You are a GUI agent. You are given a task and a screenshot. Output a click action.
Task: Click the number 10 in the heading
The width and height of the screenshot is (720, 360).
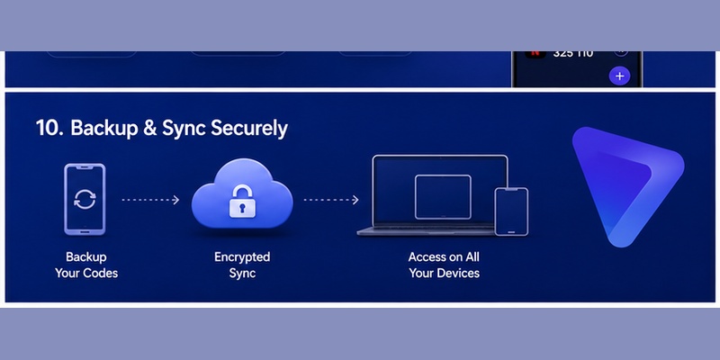tap(49, 129)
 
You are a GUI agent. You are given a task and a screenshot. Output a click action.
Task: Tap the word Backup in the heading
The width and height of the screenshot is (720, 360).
tap(103, 129)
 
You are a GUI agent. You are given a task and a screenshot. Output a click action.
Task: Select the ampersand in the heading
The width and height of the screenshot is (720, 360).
tap(149, 129)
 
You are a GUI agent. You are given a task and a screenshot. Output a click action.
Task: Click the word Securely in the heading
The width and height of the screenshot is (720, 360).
tap(249, 129)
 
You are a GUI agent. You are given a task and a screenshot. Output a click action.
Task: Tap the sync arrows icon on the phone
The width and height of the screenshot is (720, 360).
tap(85, 200)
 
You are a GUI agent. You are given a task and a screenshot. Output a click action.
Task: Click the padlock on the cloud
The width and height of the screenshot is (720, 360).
tap(241, 201)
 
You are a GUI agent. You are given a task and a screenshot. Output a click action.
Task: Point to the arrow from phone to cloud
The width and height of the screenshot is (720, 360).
tap(150, 200)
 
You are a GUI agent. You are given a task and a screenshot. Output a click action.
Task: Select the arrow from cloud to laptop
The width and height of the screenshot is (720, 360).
tap(331, 200)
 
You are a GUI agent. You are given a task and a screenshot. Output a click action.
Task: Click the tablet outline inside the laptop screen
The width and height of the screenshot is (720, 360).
tap(443, 196)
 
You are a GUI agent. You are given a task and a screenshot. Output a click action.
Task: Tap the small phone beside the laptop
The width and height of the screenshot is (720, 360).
tap(511, 211)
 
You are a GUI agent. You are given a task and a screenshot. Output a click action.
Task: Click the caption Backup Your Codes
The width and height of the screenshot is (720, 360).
tap(86, 265)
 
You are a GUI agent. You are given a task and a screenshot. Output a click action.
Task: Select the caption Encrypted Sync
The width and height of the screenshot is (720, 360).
tap(242, 265)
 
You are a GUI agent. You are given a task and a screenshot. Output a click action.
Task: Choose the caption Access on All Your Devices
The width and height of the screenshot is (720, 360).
tap(444, 265)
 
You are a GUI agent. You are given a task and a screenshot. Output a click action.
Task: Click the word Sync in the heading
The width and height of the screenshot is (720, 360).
tap(184, 129)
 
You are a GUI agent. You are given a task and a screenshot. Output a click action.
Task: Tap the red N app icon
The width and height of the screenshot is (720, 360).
tap(535, 54)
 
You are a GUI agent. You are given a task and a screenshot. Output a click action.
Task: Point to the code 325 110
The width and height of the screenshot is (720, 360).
tap(573, 54)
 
